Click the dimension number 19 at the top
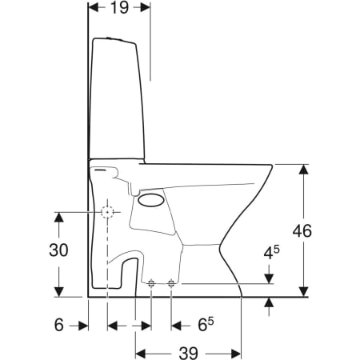[x=119, y=7]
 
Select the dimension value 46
[x=302, y=231]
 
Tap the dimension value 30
[x=58, y=250]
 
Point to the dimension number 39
[x=188, y=354]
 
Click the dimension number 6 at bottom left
[x=59, y=325]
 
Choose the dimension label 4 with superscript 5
[x=271, y=252]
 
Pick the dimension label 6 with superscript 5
[x=206, y=324]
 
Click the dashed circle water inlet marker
[x=107, y=212]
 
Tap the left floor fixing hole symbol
[x=151, y=283]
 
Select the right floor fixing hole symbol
[x=171, y=283]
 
